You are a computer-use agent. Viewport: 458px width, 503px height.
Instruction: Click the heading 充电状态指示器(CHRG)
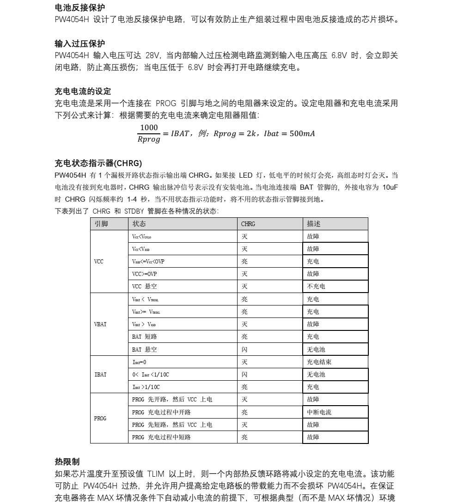98,163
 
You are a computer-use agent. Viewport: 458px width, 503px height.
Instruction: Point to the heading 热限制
67,461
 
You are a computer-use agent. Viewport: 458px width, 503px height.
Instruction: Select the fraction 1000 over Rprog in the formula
149,133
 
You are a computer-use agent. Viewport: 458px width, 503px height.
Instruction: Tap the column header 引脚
101,224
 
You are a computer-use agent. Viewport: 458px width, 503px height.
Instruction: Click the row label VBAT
100,324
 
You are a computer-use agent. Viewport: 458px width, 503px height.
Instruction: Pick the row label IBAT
100,375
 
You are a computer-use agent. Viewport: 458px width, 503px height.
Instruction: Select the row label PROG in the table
100,419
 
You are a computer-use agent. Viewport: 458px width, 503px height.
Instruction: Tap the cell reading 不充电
316,287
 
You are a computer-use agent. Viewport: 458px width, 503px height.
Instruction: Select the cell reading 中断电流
319,412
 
